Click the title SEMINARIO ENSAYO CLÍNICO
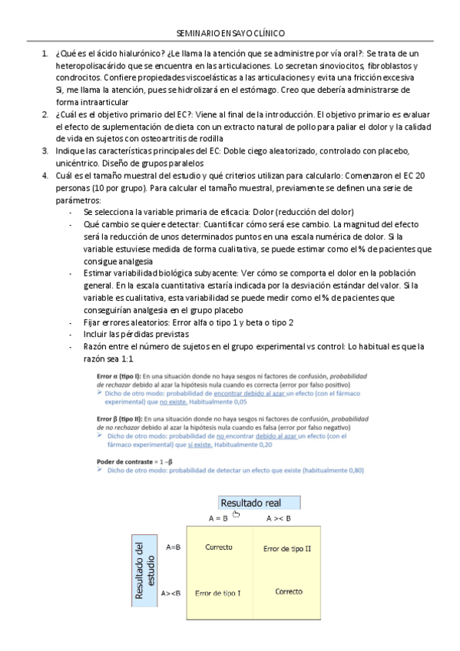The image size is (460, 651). pyautogui.click(x=230, y=35)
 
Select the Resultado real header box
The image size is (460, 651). pyautogui.click(x=258, y=503)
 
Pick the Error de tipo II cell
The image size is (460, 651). pyautogui.click(x=286, y=549)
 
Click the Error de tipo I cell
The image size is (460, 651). pyautogui.click(x=218, y=593)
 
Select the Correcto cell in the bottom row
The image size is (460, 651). pyautogui.click(x=289, y=592)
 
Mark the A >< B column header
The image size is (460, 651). pyautogui.click(x=278, y=519)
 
